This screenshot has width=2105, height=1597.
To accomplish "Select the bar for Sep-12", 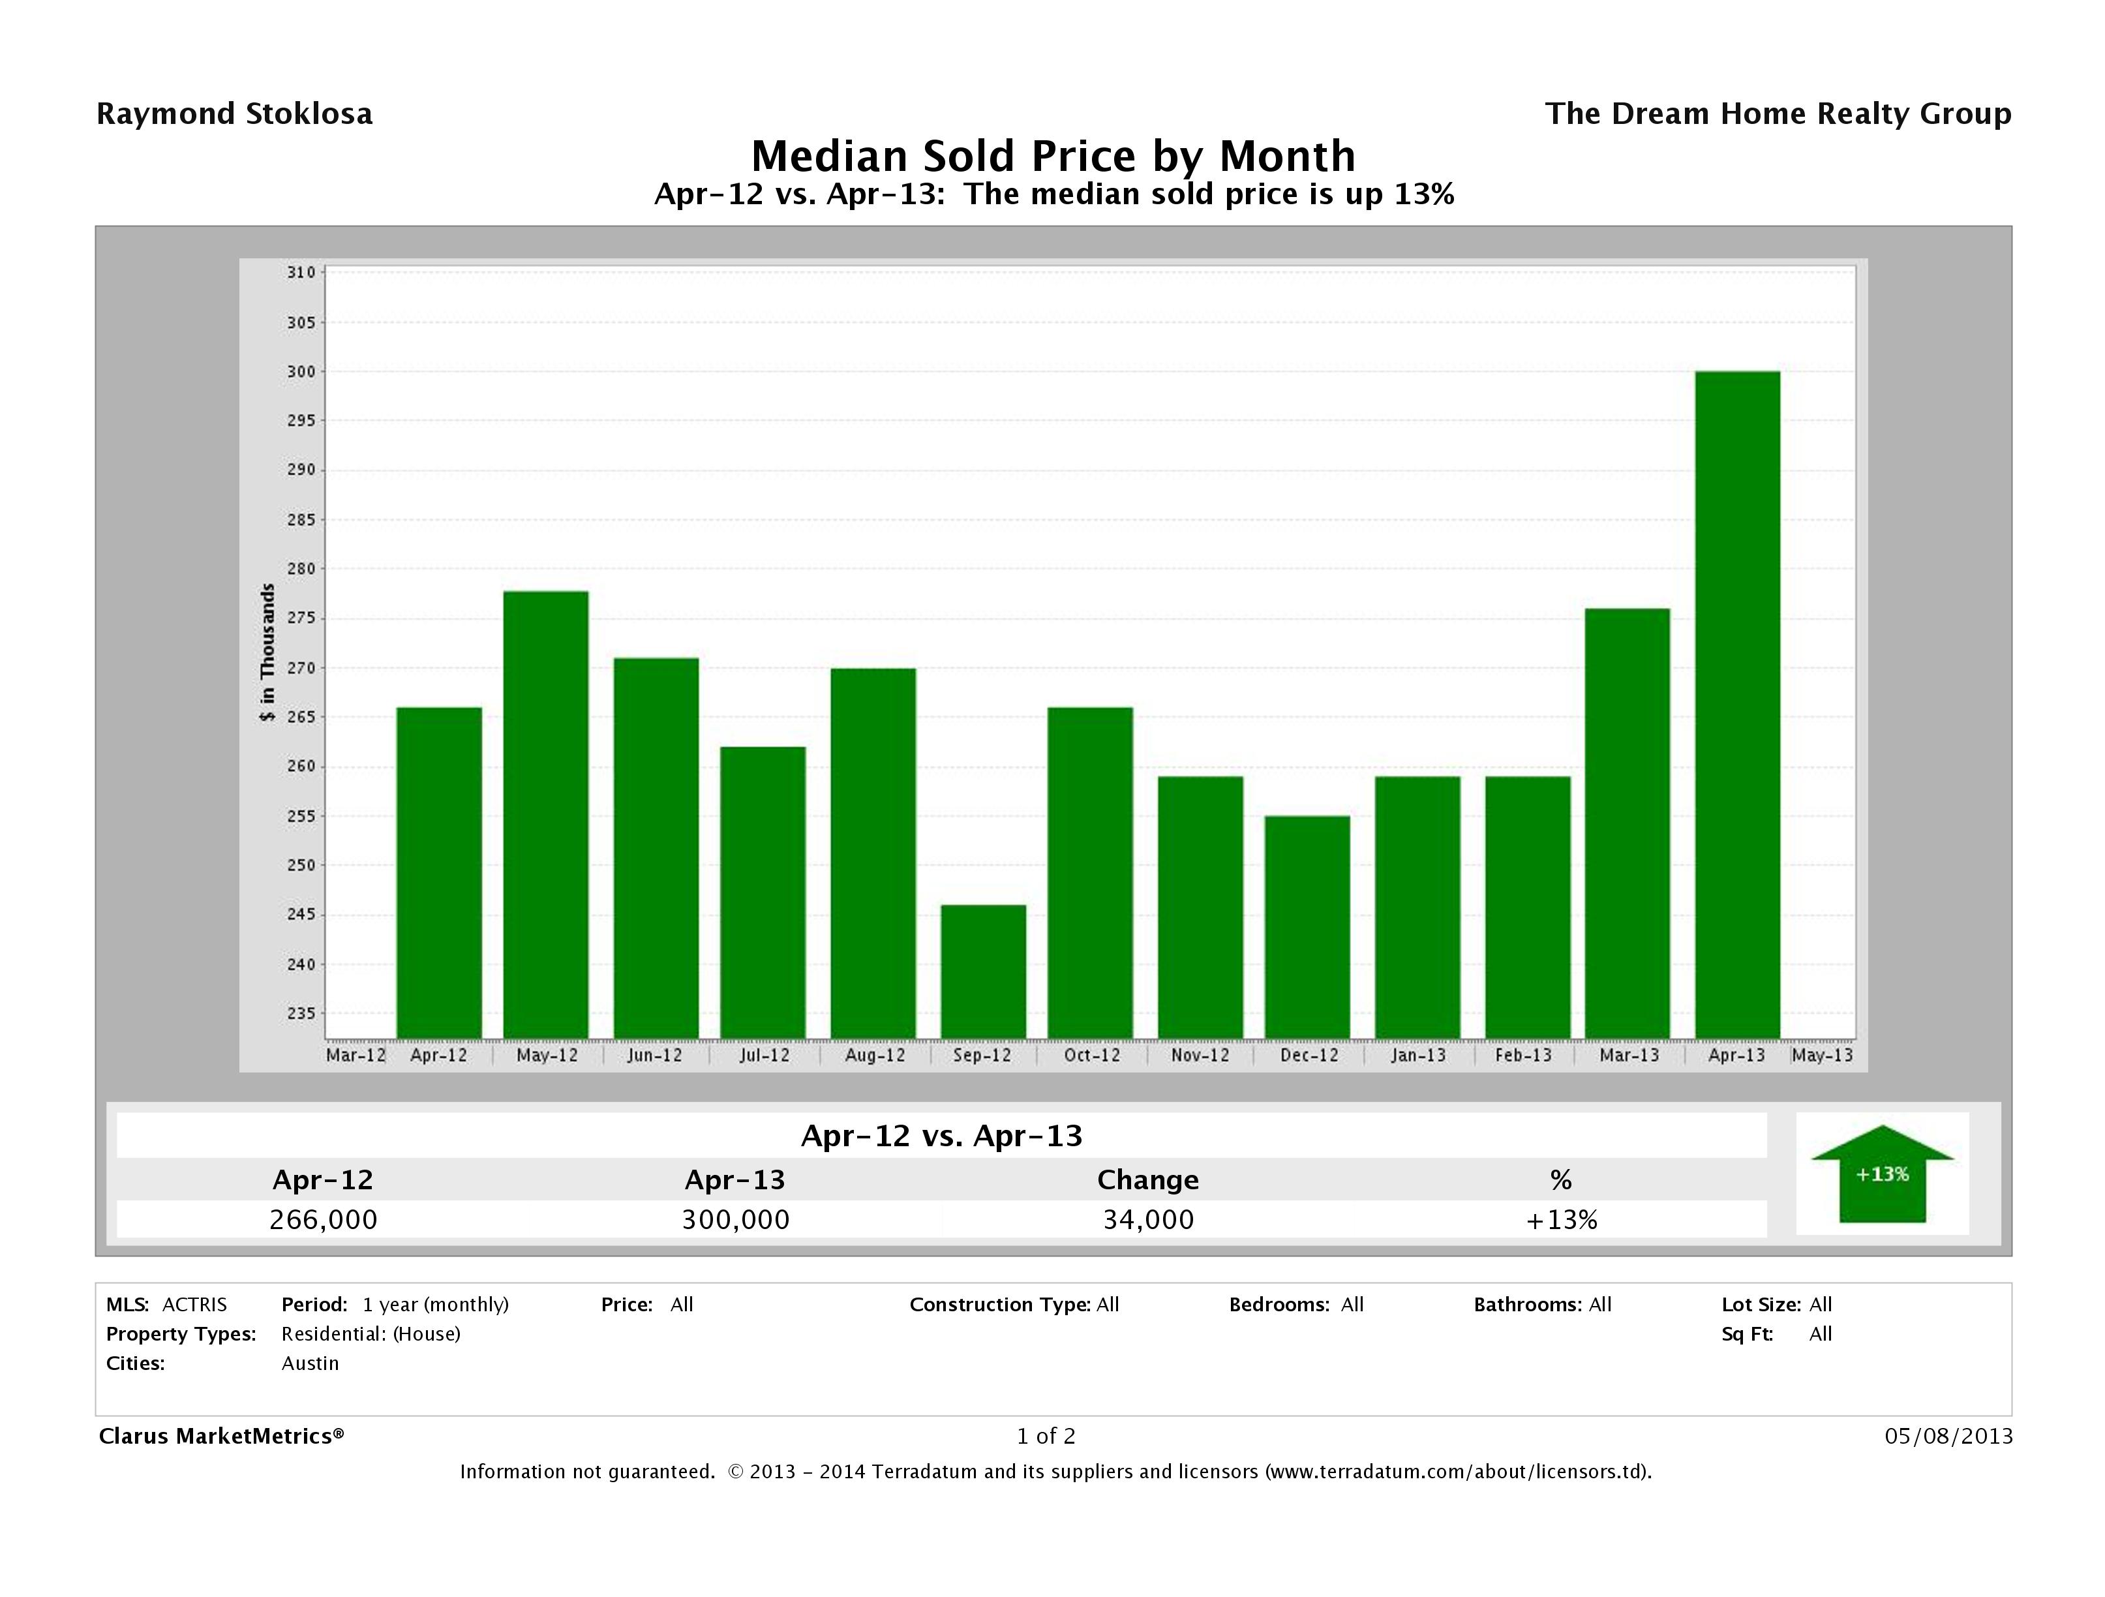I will [983, 971].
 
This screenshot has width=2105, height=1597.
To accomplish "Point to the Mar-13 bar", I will [1628, 823].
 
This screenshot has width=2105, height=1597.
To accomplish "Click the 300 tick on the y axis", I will [301, 372].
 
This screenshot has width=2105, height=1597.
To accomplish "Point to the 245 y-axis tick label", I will [301, 915].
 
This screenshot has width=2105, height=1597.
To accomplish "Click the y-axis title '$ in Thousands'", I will [267, 653].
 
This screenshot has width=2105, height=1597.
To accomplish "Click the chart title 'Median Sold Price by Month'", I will [1053, 156].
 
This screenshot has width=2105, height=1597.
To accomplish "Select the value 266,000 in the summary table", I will [324, 1219].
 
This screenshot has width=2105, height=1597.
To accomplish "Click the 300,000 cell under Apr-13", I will [736, 1219].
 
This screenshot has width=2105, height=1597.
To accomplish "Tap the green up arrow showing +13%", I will [1881, 1174].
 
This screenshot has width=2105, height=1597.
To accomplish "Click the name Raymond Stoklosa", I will [234, 114].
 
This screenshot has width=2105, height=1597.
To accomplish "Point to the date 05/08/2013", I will [1948, 1436].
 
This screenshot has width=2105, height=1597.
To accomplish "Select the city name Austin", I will [310, 1363].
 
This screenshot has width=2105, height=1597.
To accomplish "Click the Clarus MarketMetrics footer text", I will [220, 1436].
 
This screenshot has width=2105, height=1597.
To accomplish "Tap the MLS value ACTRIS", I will [194, 1305].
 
